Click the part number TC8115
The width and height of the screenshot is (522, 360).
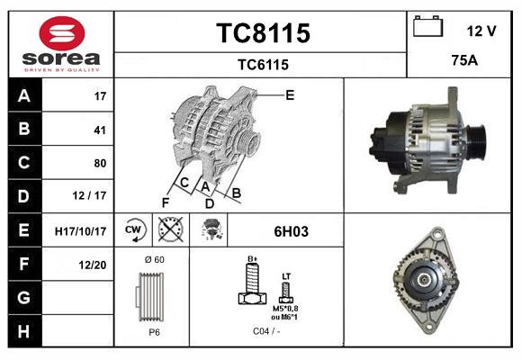point(262,33)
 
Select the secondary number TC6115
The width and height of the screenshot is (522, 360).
point(262,64)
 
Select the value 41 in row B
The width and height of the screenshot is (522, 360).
point(100,130)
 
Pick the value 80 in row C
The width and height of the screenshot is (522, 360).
point(100,163)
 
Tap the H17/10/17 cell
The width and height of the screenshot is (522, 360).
point(80,231)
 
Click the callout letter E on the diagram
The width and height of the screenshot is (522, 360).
point(290,94)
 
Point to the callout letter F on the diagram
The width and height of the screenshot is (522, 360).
point(165,202)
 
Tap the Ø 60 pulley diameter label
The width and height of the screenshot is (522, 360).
point(154,260)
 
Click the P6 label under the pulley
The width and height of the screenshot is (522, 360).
point(154,331)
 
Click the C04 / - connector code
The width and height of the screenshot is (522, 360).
point(266,331)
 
